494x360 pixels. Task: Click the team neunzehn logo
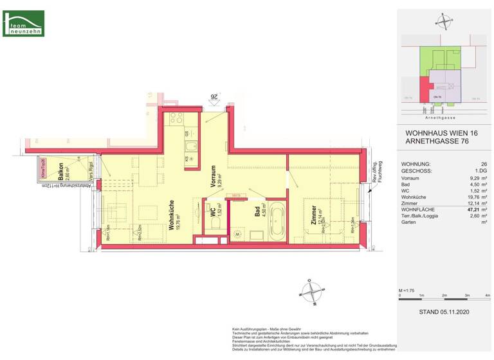tap(23, 22)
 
